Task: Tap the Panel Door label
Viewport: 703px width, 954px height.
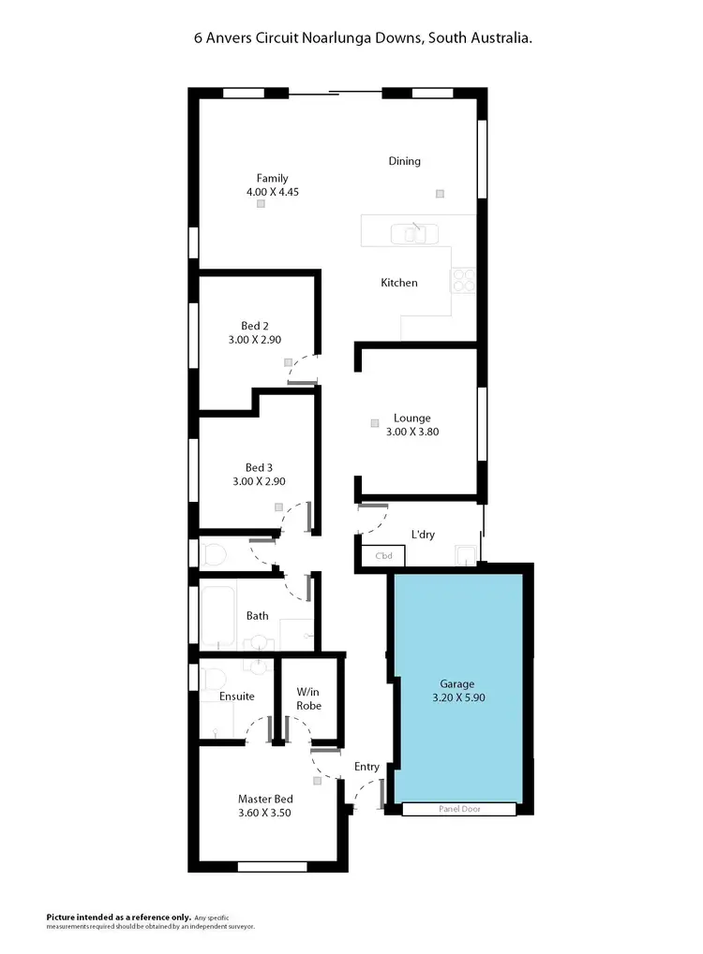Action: (x=459, y=809)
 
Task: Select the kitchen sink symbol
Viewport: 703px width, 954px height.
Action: (x=413, y=232)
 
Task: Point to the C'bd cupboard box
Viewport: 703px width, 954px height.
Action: (x=383, y=557)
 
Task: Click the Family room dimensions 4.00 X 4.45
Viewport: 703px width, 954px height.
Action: (x=272, y=192)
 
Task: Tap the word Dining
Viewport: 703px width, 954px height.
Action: (x=405, y=161)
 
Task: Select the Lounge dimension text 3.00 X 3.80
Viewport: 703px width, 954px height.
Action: (x=412, y=433)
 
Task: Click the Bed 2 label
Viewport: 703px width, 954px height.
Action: (x=255, y=326)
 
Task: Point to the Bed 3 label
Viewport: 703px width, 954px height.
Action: (x=259, y=467)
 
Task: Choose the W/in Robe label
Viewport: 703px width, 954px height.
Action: (x=309, y=698)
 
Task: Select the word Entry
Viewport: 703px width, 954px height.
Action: (x=366, y=767)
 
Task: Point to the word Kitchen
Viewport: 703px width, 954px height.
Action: (x=399, y=283)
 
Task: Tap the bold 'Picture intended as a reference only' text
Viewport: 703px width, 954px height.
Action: (x=119, y=917)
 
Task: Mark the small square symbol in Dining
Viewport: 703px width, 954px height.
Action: (x=439, y=194)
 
